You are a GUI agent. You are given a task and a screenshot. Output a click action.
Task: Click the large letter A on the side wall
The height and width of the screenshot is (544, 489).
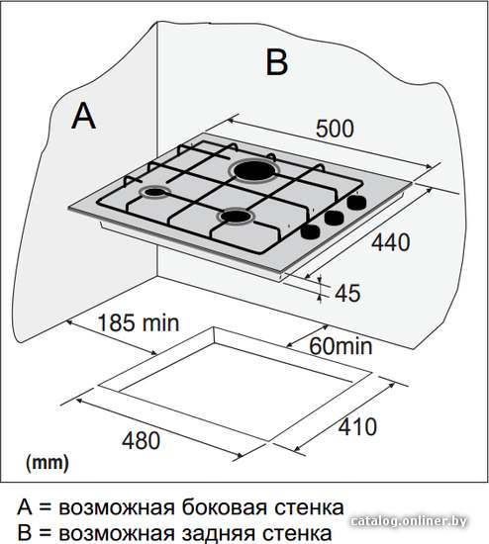click(x=83, y=117)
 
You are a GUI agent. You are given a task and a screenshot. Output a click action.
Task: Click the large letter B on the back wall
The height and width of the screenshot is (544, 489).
click(x=276, y=62)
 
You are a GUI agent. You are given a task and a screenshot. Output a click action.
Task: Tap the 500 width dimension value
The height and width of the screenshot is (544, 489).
click(x=335, y=128)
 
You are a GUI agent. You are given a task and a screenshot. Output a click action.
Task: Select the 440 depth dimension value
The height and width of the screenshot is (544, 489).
click(x=390, y=242)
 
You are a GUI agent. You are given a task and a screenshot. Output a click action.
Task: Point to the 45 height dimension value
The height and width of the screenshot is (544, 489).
click(x=347, y=293)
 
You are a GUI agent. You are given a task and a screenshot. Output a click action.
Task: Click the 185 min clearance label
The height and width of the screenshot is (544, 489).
click(x=139, y=322)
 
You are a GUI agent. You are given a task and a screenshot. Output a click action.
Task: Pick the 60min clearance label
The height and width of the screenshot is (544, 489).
click(x=341, y=346)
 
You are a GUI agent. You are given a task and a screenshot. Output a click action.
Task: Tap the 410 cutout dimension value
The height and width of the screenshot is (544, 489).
click(x=357, y=426)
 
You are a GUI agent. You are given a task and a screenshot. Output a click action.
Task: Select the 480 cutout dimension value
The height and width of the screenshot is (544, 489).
click(x=141, y=440)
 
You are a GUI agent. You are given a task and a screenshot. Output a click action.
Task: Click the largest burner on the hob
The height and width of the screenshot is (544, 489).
click(x=254, y=170)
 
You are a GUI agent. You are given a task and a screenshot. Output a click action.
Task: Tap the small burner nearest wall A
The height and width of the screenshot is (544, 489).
click(x=154, y=192)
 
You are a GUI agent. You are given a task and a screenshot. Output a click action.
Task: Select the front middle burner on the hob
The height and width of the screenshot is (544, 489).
click(x=237, y=217)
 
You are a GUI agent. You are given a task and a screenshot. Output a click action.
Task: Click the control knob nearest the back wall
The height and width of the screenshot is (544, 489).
click(x=356, y=202)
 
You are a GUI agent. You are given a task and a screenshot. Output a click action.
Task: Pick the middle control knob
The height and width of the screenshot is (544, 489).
click(x=334, y=218)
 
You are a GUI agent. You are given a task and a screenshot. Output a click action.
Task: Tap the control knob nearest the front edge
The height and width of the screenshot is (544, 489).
click(x=310, y=231)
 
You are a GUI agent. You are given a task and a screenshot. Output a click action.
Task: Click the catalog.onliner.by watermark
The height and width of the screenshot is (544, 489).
click(x=409, y=520)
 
